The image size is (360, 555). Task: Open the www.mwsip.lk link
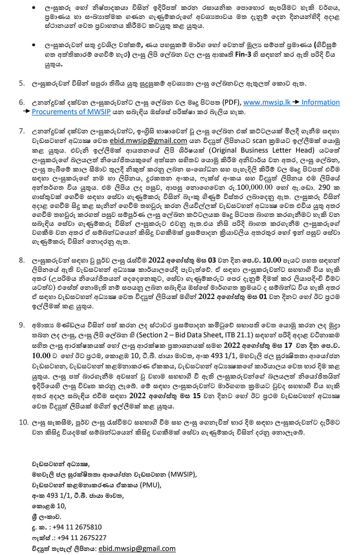267,102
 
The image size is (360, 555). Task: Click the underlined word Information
321,102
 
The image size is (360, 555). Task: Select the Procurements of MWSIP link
71,112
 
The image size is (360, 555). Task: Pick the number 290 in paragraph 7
324,187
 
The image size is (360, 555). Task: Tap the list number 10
23,422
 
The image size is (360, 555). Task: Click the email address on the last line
137,548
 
